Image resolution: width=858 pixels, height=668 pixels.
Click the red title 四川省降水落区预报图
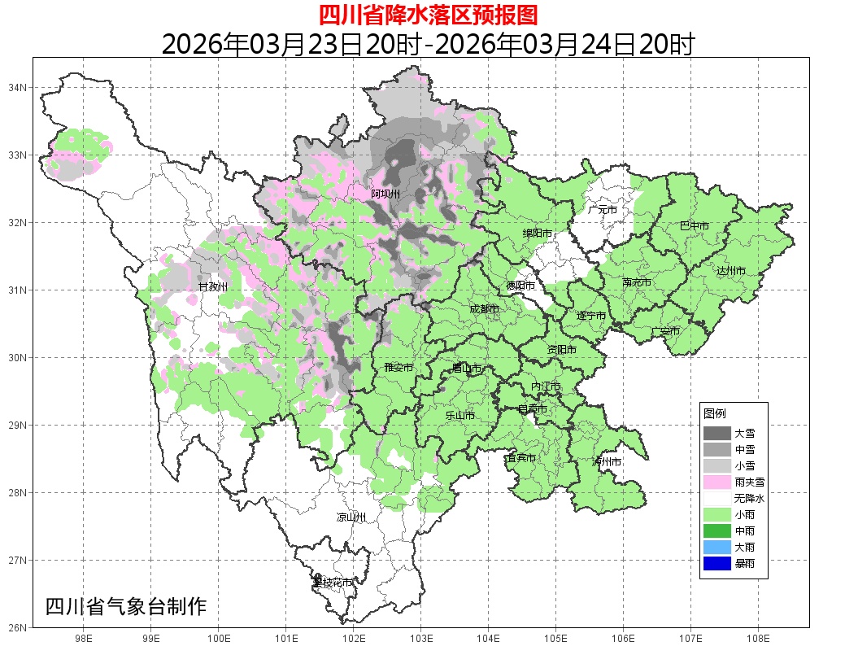[428, 15]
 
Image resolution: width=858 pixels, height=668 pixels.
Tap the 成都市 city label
[485, 309]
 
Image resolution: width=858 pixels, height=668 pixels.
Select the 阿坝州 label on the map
[385, 194]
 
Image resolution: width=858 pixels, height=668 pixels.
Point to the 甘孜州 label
[213, 287]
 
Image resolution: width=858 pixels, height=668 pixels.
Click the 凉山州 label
[351, 517]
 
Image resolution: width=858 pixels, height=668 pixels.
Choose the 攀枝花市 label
[333, 583]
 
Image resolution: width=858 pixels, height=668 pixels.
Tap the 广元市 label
[603, 210]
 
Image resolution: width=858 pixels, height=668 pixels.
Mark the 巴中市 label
[694, 226]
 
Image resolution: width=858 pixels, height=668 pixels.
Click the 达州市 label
[731, 270]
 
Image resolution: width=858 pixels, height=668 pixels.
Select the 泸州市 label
[608, 462]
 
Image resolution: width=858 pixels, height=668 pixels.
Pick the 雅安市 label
[399, 368]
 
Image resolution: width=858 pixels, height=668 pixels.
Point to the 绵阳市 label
[537, 234]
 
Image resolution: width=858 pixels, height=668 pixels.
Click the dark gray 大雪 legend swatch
[717, 433]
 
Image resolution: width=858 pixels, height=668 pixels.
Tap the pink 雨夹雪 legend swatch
[717, 482]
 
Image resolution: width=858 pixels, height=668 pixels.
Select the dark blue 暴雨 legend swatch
[717, 563]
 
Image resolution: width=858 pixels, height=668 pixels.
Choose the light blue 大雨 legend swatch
[717, 547]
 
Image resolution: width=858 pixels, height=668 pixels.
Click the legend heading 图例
[715, 413]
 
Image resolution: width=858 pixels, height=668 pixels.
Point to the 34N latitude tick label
[19, 87]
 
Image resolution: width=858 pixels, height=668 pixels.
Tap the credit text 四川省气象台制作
[126, 607]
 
